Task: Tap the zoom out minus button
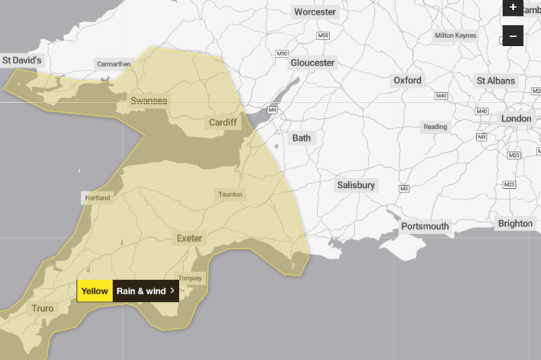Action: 512,35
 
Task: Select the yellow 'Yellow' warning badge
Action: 95,291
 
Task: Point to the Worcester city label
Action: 315,12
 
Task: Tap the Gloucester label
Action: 312,63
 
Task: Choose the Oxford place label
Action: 407,81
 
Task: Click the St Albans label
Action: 496,81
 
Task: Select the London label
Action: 516,118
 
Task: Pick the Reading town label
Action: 435,127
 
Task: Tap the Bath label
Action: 302,138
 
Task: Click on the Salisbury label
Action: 356,185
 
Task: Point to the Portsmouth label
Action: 425,226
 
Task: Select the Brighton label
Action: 515,223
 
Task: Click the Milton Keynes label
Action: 455,35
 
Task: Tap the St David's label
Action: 22,60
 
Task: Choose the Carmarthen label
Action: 114,64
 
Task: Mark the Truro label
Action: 42,309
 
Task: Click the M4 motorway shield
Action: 272,110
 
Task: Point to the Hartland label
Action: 97,197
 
